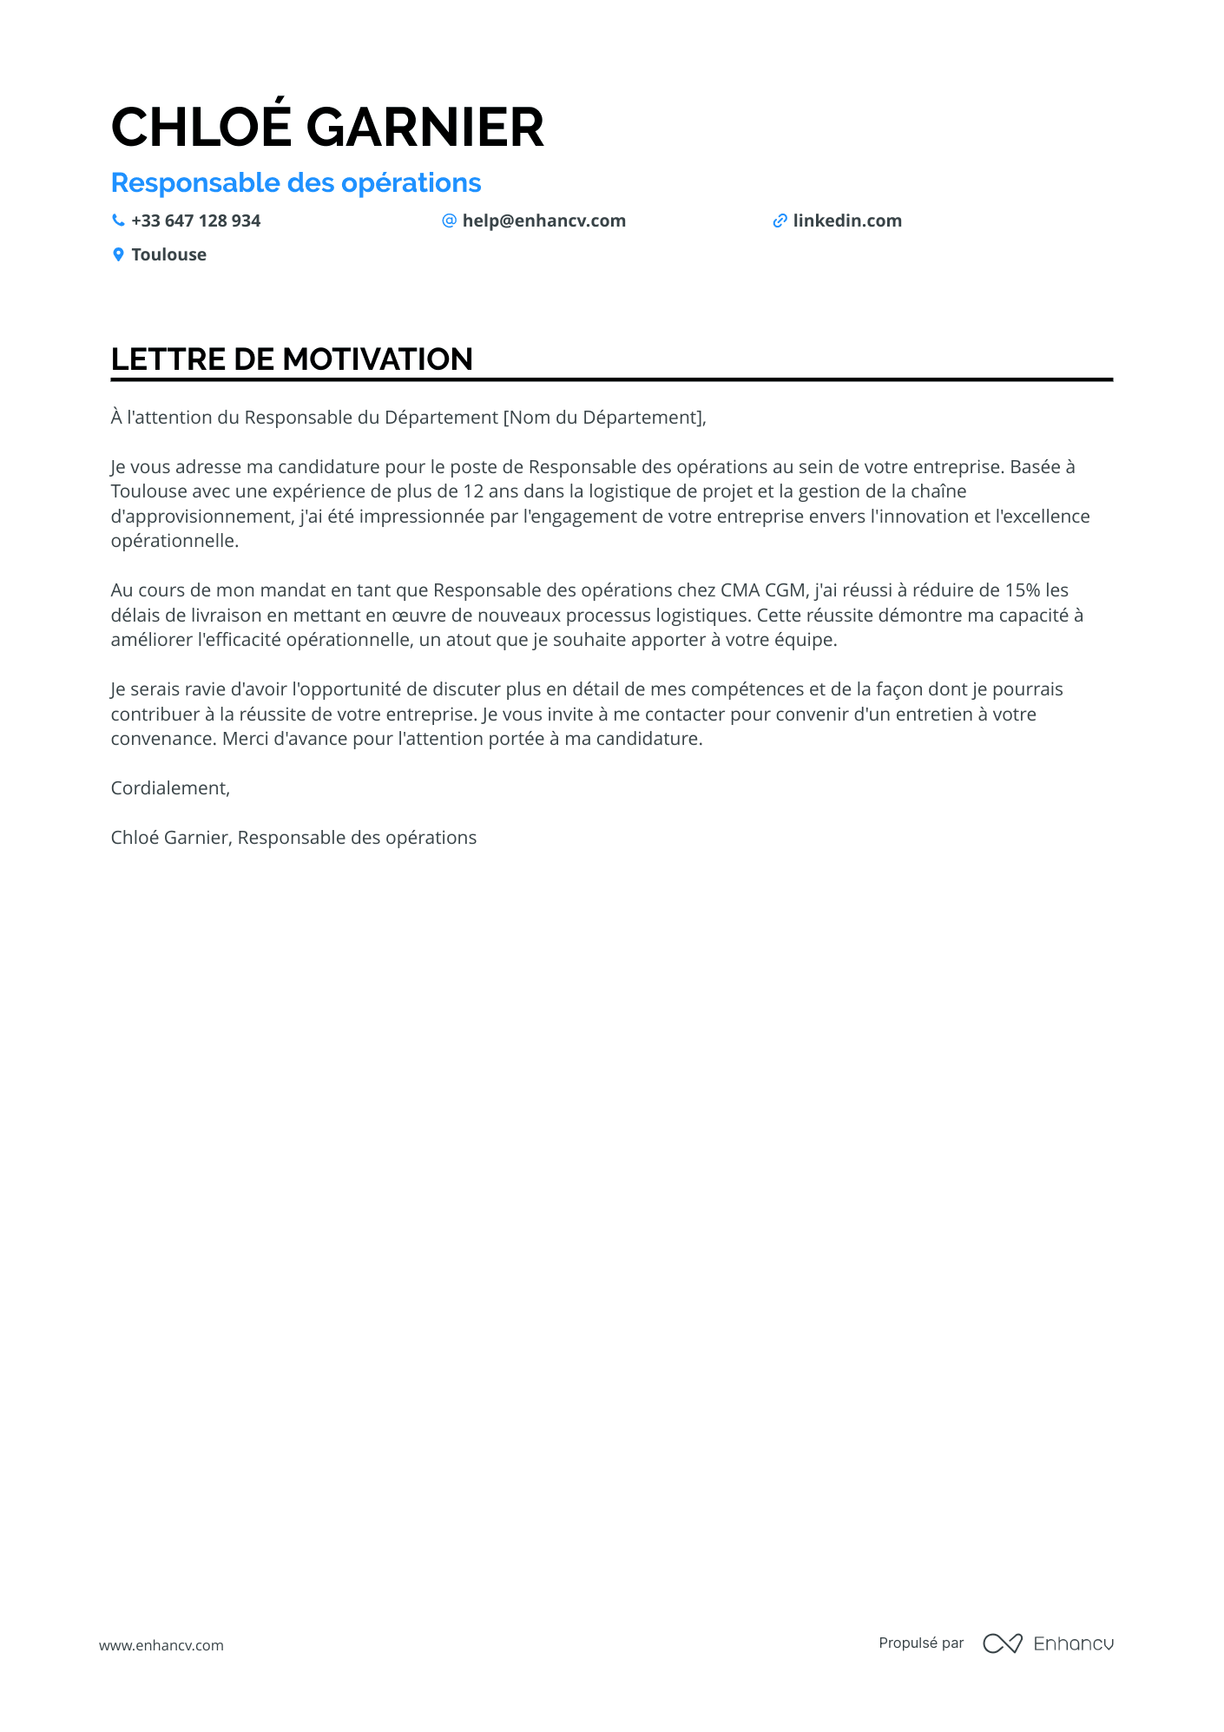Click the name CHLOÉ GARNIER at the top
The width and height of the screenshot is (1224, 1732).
(327, 128)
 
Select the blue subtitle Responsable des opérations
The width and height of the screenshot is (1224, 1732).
(296, 183)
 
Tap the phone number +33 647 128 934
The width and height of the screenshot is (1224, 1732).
(195, 221)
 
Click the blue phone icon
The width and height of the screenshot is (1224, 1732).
(118, 221)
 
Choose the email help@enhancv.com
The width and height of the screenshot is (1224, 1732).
(543, 221)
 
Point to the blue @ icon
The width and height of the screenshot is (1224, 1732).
(449, 221)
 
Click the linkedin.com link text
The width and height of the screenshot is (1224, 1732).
(846, 221)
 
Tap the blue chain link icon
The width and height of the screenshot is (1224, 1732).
(780, 221)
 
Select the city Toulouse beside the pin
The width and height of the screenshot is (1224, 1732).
(168, 254)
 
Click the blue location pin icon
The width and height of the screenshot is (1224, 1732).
(118, 254)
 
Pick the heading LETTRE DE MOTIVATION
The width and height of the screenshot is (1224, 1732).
(292, 359)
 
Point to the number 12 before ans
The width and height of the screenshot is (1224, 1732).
(473, 491)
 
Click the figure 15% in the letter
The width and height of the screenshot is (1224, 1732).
(1023, 590)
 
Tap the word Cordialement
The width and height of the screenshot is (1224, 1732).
(169, 788)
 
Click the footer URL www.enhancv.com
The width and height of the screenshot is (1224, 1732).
(161, 1645)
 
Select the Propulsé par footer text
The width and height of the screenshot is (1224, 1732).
(921, 1643)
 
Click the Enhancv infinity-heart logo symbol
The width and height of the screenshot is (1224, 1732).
(1002, 1643)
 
